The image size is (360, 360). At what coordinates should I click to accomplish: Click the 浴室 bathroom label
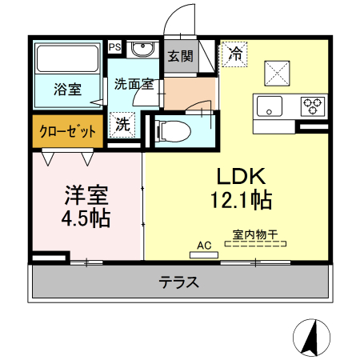(67, 89)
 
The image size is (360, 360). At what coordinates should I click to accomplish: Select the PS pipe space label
(114, 47)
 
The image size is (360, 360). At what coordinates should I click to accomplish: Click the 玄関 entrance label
(179, 56)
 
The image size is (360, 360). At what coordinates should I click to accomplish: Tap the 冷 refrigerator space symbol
(236, 54)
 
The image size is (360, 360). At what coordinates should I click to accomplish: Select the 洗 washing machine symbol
(122, 124)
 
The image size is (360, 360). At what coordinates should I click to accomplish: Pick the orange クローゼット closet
(68, 131)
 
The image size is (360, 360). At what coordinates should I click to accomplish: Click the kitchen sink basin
(269, 104)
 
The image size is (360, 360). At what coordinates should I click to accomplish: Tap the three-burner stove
(312, 104)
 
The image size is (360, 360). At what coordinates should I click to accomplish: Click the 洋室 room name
(86, 195)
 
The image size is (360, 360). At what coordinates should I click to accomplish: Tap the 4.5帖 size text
(86, 217)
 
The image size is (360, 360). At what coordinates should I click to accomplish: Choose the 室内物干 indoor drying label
(254, 235)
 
